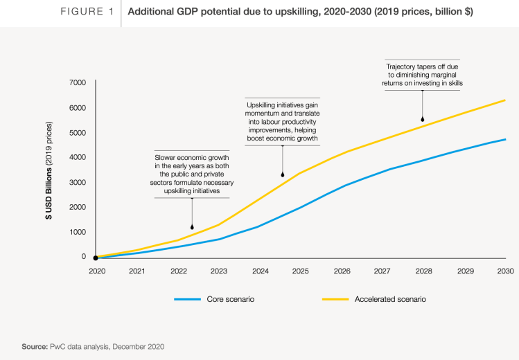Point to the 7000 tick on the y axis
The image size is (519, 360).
tap(77, 83)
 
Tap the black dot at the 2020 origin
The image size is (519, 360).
tap(96, 258)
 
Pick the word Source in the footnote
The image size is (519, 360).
tap(35, 345)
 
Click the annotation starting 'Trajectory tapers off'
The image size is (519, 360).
tap(422, 74)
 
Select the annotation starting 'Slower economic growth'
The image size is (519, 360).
tap(192, 172)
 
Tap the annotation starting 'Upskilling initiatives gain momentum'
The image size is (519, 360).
tap(283, 122)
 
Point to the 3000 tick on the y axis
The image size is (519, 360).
tap(77, 182)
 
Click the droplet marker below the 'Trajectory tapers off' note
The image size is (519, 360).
tap(422, 120)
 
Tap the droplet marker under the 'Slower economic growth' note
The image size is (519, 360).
tap(192, 226)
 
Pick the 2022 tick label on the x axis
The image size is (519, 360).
tap(179, 270)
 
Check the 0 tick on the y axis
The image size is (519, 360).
tap(84, 257)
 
